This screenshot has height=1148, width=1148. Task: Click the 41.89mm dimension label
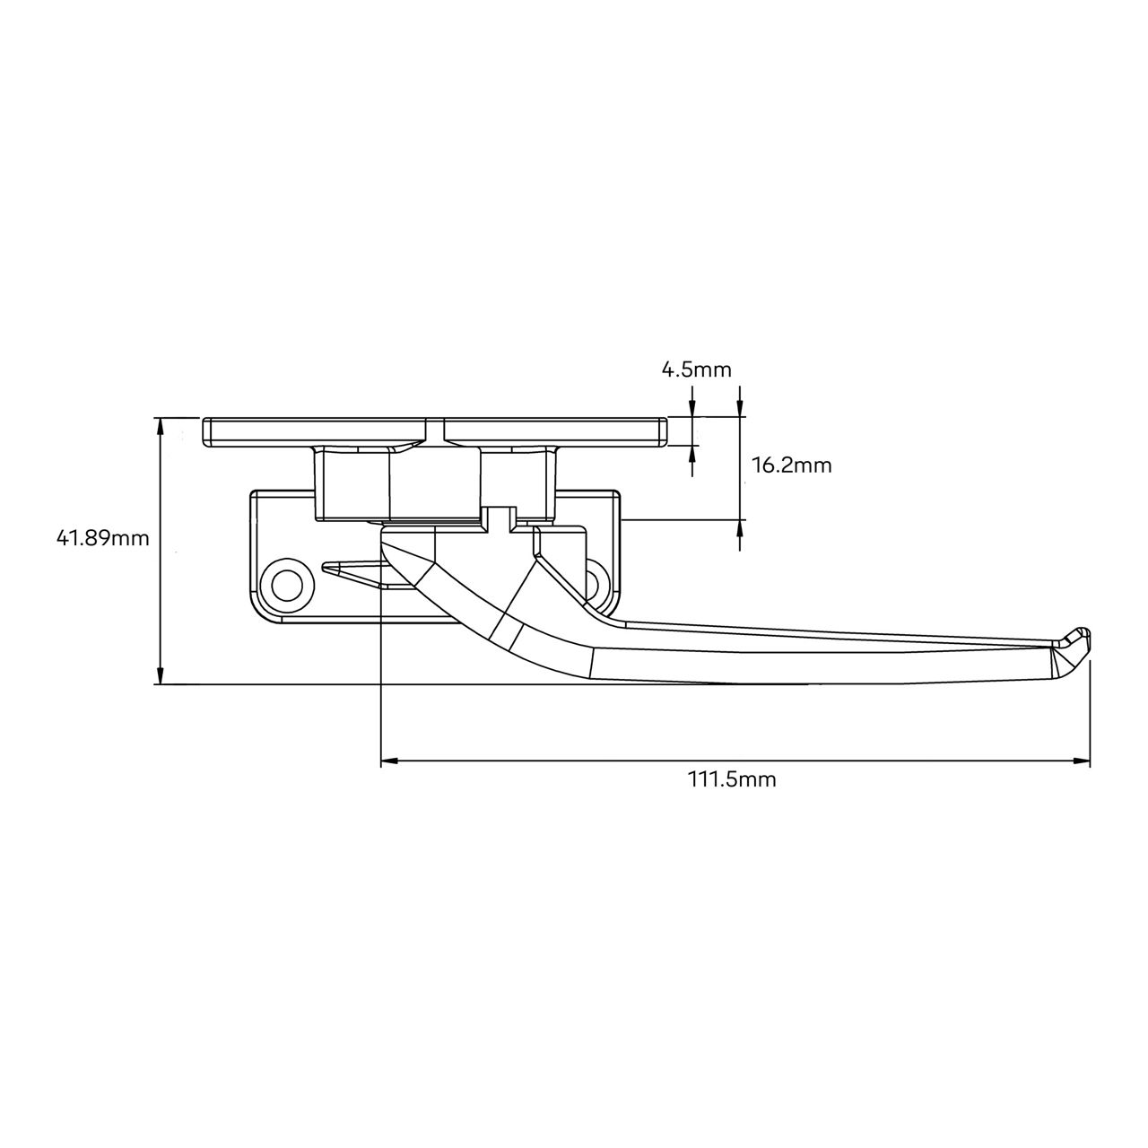(x=102, y=538)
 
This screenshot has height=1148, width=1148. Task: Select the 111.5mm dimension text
(x=732, y=779)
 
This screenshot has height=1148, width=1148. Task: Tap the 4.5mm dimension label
(x=696, y=370)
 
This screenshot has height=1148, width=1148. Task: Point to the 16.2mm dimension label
(x=791, y=465)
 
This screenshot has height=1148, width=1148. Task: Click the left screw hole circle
(x=286, y=586)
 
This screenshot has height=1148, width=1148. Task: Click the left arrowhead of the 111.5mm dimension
(x=390, y=761)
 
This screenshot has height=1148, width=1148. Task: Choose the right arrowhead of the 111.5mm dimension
(x=1082, y=761)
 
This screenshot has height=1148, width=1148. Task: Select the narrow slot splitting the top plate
(x=438, y=431)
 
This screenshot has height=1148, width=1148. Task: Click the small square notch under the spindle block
(x=499, y=517)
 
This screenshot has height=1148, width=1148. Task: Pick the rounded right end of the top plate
(x=665, y=431)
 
